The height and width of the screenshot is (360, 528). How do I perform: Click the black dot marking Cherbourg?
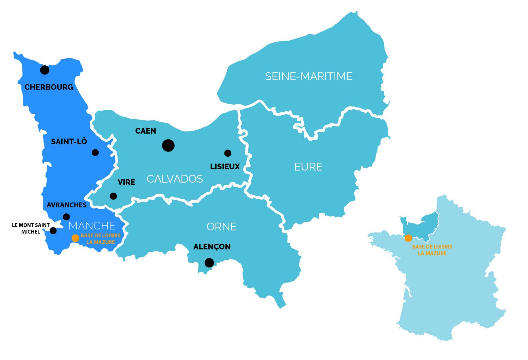coord(45,70)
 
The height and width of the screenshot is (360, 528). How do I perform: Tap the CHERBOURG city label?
coord(49,87)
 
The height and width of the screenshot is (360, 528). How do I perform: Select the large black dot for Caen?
coord(168,145)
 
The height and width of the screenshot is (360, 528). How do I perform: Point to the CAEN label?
coord(146,131)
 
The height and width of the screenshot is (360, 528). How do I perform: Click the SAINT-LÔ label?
coord(69,142)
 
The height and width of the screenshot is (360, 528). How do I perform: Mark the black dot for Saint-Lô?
coord(95,153)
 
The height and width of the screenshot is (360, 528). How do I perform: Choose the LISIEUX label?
coord(225,167)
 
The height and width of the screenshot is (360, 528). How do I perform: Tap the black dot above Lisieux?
coord(228,153)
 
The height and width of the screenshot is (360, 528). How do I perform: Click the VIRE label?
coord(126,182)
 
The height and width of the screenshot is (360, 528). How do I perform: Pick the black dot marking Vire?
coord(113,196)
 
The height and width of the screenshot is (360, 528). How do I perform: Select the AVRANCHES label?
coord(67,205)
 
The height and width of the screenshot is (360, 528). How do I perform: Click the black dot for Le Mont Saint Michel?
coord(53,231)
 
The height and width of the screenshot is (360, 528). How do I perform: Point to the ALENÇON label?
coord(212,247)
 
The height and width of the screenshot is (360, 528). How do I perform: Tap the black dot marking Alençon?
coord(209,263)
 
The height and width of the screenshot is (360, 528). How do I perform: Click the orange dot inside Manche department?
coord(75,238)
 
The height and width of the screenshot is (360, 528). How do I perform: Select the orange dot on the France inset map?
coord(408,238)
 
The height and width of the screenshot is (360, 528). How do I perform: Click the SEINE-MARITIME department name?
coord(309,76)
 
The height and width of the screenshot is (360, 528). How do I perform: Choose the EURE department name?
coord(308,167)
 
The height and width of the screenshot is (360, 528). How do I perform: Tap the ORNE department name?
coord(222,227)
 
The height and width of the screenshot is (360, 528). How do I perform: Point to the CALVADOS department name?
coord(175,179)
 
